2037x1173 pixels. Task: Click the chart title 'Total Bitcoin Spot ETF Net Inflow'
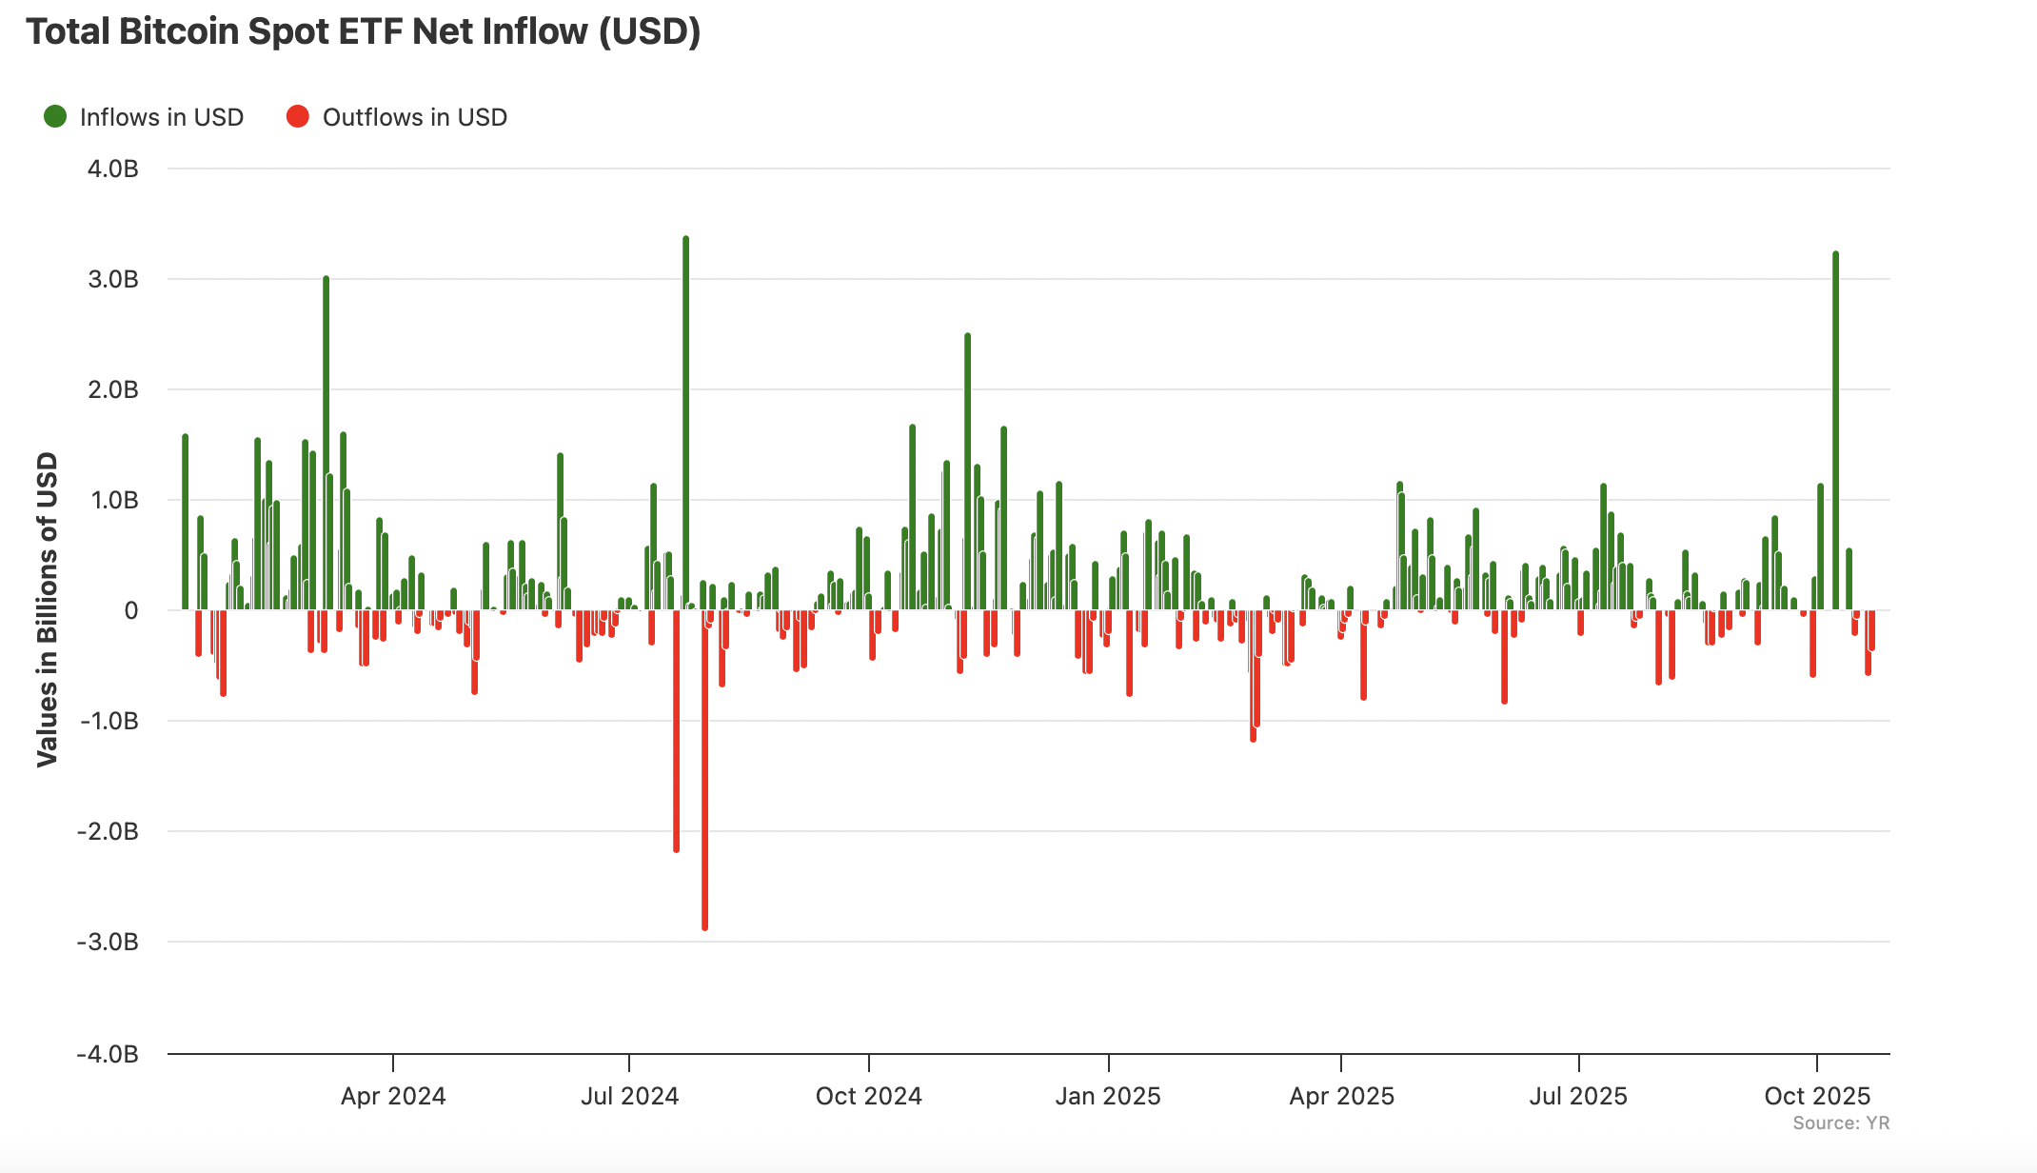363,32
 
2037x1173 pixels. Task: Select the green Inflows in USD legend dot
55,116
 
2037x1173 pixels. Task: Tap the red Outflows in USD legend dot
298,116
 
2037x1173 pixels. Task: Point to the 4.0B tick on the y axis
113,169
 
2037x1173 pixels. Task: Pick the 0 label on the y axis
131,610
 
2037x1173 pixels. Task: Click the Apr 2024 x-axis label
393,1096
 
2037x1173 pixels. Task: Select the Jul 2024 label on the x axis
629,1096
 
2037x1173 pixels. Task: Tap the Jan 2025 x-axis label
1108,1096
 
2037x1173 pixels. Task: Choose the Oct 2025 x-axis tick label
1817,1096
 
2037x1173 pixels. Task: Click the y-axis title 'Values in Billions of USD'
48,609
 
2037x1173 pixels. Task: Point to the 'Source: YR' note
1840,1123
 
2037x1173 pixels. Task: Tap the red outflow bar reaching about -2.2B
676,733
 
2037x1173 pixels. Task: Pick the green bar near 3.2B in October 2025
1835,428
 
